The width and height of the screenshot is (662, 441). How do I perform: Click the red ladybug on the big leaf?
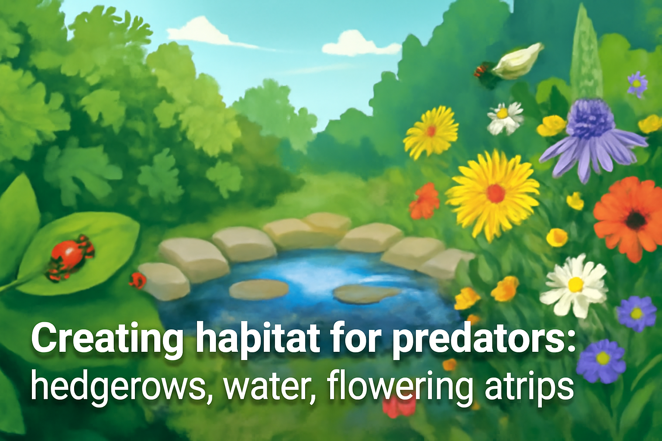(x=69, y=255)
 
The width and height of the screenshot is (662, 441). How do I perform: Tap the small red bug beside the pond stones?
(x=138, y=280)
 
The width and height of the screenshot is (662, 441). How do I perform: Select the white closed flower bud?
(x=517, y=61)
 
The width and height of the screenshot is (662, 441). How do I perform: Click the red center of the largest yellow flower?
(x=496, y=193)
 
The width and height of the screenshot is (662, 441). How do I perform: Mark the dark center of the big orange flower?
(x=636, y=220)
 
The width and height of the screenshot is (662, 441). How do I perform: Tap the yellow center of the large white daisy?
(x=575, y=284)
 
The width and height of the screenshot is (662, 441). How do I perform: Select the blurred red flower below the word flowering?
(x=399, y=407)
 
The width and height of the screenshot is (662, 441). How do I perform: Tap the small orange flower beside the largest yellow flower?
(x=425, y=200)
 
